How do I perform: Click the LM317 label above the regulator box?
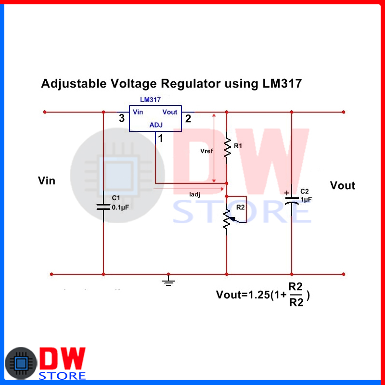tap(150, 100)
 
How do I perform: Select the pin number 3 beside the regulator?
tap(122, 118)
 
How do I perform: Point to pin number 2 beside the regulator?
tap(188, 118)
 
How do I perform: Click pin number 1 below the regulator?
tap(161, 139)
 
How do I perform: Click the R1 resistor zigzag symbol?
tap(227, 148)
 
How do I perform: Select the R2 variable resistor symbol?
tap(228, 219)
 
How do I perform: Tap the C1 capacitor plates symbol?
tap(103, 207)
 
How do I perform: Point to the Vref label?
tap(206, 151)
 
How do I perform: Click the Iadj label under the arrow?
tap(194, 194)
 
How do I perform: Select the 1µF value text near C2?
tap(307, 199)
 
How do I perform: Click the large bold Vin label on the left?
tap(47, 181)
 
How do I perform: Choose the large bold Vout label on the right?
tap(343, 186)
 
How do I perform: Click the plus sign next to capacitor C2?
tap(287, 194)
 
